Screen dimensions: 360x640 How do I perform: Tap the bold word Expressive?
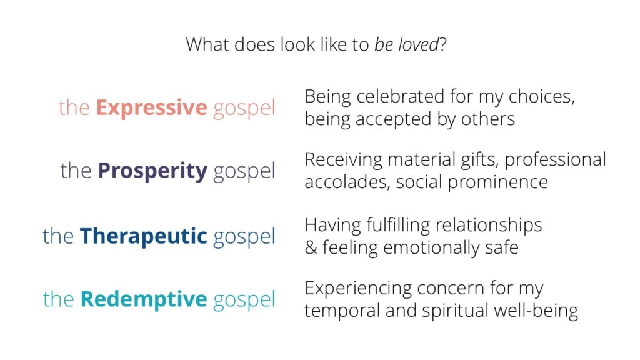click(x=151, y=107)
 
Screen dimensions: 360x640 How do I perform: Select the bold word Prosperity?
click(x=152, y=170)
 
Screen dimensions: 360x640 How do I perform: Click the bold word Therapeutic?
click(x=143, y=236)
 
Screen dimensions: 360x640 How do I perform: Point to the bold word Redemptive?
click(x=144, y=299)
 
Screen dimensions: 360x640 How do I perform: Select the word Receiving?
click(x=343, y=161)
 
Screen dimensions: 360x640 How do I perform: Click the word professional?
click(x=555, y=161)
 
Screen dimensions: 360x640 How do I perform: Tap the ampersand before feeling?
click(x=311, y=247)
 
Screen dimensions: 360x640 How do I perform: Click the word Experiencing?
click(x=357, y=289)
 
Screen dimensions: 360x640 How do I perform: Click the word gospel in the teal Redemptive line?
click(x=244, y=300)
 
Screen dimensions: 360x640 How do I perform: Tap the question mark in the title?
click(x=442, y=46)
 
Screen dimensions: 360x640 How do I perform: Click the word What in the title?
click(x=203, y=46)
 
